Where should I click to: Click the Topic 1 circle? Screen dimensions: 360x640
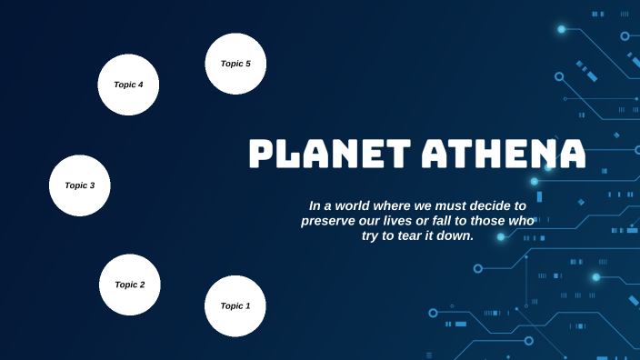click(x=235, y=306)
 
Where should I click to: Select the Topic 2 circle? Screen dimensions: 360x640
click(x=130, y=285)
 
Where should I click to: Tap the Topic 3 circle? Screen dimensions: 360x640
click(x=80, y=185)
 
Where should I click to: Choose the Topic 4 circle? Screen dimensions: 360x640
click(x=128, y=85)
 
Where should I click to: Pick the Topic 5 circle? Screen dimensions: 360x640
click(x=235, y=64)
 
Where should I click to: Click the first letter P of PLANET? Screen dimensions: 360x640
click(x=263, y=155)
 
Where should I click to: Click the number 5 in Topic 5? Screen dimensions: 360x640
click(x=247, y=64)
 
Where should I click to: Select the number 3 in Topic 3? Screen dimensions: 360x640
click(x=92, y=185)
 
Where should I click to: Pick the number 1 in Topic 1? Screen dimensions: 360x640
click(x=247, y=306)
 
